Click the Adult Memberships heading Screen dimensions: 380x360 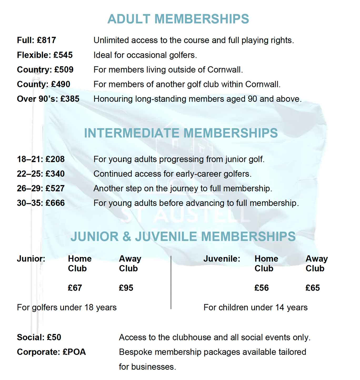pos(178,19)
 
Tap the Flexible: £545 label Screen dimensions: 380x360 pos(45,55)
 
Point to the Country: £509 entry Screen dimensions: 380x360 pos(45,70)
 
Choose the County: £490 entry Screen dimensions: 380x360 pos(43,84)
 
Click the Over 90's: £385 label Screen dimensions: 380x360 pos(48,99)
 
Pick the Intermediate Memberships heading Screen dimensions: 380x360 pos(181,133)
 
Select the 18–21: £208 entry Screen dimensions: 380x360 pos(41,159)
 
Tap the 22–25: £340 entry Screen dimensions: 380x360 pos(41,174)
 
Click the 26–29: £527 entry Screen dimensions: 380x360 pos(41,189)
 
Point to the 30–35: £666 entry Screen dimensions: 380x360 pos(41,203)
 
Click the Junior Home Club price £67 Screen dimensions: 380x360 pos(75,288)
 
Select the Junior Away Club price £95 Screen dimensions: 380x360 pos(126,288)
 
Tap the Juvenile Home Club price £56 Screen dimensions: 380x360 pos(262,288)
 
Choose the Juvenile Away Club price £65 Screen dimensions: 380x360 pos(313,288)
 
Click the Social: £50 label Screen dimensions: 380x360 pos(39,337)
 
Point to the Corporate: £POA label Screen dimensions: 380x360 pos(51,352)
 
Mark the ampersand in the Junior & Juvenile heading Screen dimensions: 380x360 pos(127,237)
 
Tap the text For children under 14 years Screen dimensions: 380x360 pos(256,307)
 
